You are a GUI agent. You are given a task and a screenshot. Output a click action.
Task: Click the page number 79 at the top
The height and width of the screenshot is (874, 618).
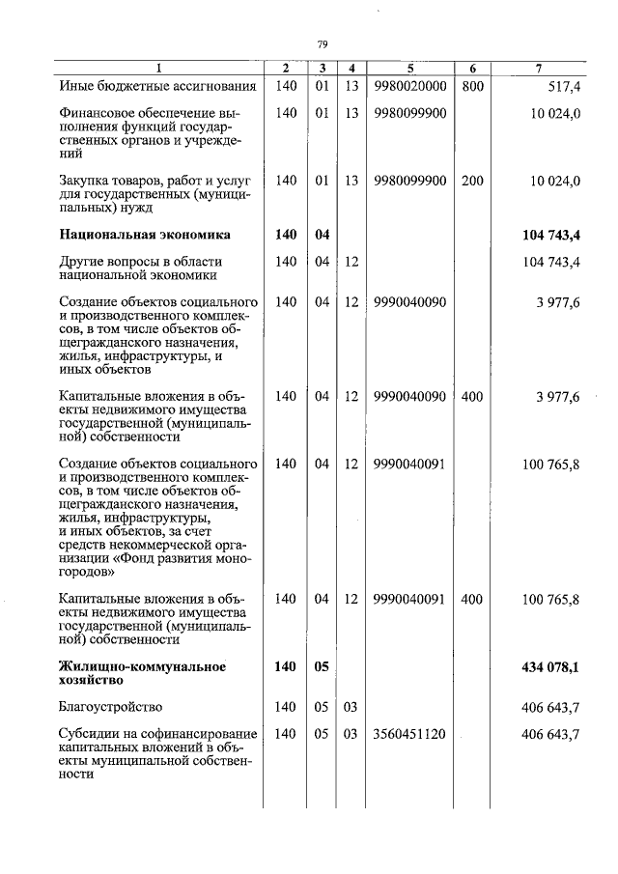pos(323,43)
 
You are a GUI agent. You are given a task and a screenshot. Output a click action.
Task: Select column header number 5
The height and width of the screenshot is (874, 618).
pos(409,69)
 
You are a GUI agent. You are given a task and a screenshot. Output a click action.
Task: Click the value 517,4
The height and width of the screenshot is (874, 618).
pos(561,87)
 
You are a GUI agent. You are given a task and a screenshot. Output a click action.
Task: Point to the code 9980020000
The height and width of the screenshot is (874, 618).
pos(409,87)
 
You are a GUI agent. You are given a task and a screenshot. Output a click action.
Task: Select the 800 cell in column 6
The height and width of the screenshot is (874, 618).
pos(471,87)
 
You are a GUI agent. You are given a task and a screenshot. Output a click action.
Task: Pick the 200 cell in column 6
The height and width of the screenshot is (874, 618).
pos(471,181)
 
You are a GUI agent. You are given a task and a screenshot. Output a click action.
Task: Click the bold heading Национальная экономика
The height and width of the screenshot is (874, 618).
pos(144,234)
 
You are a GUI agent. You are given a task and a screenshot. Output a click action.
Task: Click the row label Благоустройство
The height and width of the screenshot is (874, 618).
pos(108,708)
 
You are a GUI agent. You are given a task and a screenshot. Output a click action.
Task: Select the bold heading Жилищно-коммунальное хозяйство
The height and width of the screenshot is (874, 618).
pos(142,673)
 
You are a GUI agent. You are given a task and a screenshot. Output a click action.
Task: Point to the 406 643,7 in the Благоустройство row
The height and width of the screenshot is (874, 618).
pos(550,708)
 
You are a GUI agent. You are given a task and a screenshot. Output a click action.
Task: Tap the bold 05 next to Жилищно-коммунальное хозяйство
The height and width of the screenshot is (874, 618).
pos(323,666)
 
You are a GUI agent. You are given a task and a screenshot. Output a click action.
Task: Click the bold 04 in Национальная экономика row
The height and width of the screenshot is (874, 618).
pos(323,234)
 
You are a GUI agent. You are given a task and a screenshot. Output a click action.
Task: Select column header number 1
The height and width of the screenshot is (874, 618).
pos(159,69)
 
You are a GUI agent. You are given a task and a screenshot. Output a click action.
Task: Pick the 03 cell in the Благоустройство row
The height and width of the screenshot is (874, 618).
pos(351,708)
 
